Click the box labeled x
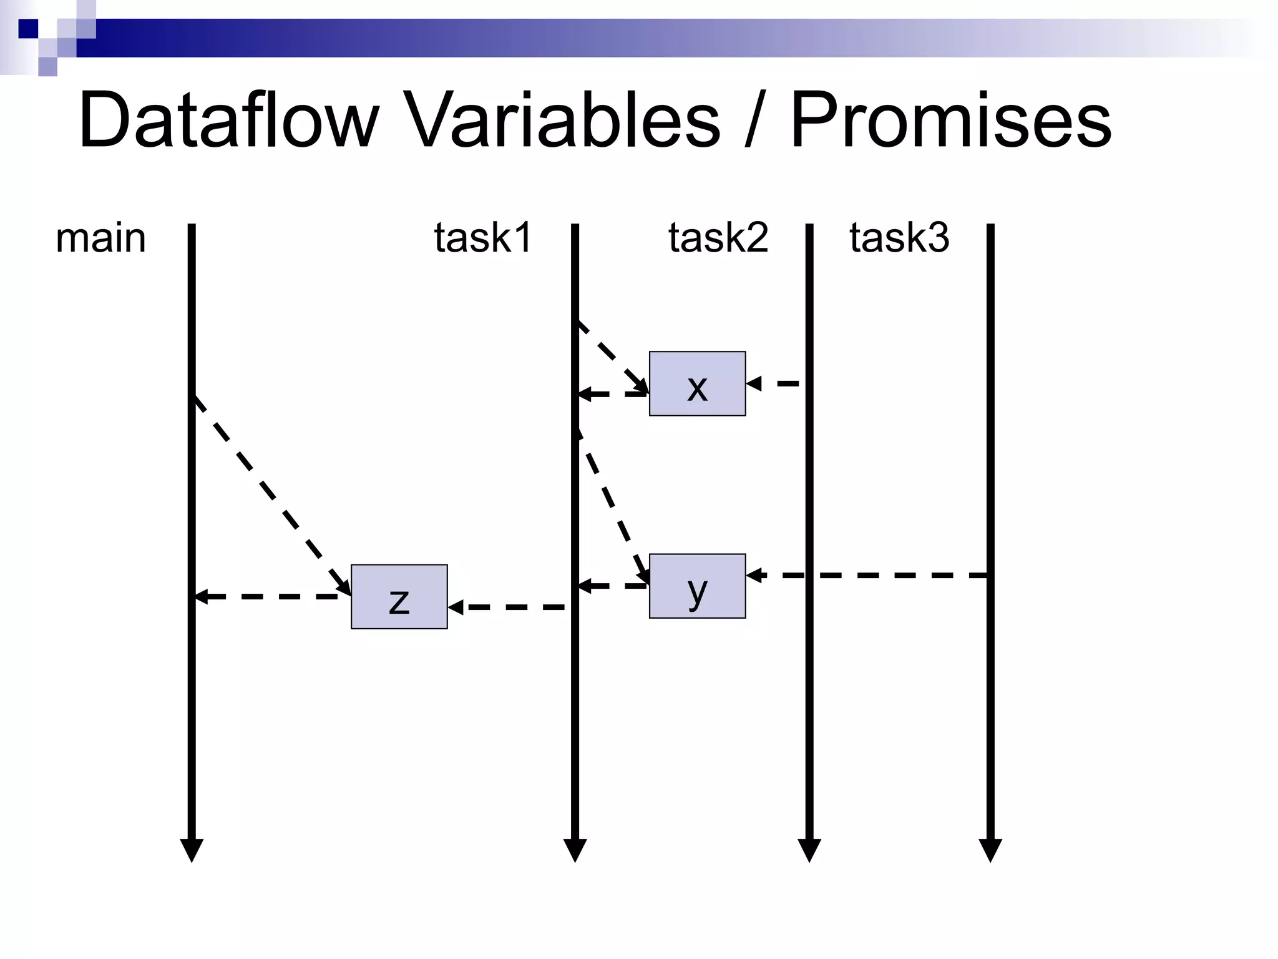tap(697, 383)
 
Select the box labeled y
tap(697, 586)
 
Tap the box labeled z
tap(399, 597)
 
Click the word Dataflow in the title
tap(228, 120)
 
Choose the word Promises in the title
tap(951, 120)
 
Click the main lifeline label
tap(100, 239)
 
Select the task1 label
tap(483, 238)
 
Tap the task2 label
tap(718, 238)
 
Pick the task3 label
tap(899, 238)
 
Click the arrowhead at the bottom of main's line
tap(192, 850)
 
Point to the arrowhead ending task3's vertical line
tap(990, 850)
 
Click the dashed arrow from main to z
tap(272, 496)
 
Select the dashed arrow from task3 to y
tap(874, 575)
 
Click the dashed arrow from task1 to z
tap(509, 607)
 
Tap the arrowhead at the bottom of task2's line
tap(809, 850)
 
